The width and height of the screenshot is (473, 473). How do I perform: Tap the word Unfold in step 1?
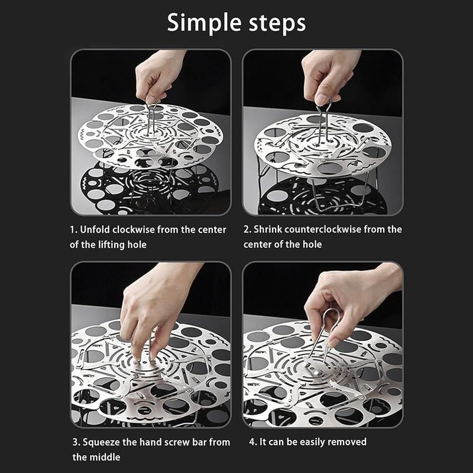coord(95,229)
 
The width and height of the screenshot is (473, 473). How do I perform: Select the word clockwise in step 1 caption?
coord(133,229)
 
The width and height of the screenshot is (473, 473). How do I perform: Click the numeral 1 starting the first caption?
coord(72,229)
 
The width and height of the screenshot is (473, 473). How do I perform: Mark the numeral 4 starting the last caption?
coord(252,442)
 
